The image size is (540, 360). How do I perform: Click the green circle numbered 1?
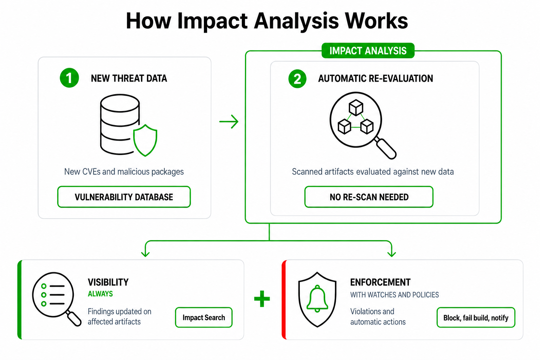click(69, 78)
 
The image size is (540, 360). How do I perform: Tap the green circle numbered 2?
click(297, 79)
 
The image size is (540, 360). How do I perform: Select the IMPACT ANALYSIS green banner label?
click(368, 51)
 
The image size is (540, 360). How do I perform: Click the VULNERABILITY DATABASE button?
click(124, 197)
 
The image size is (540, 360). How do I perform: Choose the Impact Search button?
click(204, 317)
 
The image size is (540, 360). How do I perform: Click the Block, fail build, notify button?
click(476, 317)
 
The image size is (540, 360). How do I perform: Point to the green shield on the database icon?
click(145, 140)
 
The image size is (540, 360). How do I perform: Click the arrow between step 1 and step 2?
click(229, 122)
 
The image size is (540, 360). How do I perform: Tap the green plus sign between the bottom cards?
click(262, 299)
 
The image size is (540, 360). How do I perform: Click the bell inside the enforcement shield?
click(317, 298)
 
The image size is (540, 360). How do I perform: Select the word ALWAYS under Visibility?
click(100, 294)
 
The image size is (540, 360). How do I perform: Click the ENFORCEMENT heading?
click(380, 282)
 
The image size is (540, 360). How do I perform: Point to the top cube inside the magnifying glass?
click(356, 107)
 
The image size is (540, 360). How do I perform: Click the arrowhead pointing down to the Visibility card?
click(145, 254)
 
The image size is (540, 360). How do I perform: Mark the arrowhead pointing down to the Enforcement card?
click(392, 254)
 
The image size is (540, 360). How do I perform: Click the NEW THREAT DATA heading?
click(129, 78)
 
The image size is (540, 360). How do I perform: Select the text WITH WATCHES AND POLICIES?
click(394, 295)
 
